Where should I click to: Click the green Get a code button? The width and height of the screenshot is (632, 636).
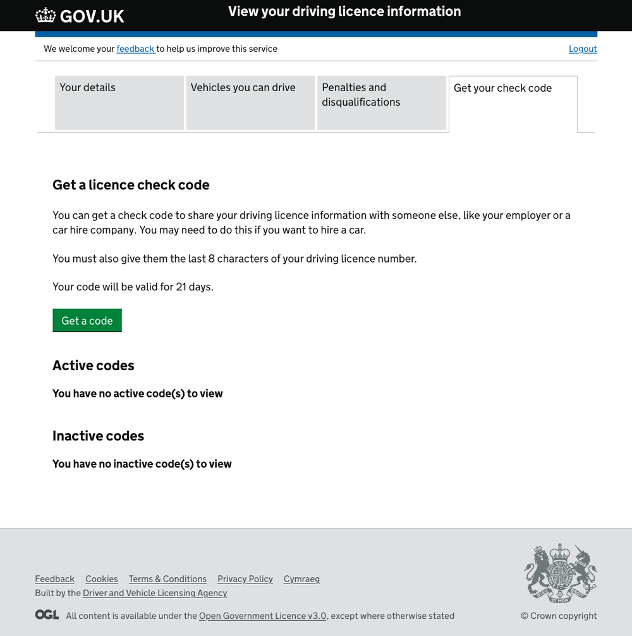point(87,320)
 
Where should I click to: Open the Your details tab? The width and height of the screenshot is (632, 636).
point(119,103)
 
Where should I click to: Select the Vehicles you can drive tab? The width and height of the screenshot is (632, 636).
point(250,103)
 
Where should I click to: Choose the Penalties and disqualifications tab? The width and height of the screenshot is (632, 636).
point(382,103)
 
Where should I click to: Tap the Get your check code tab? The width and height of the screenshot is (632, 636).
point(513,103)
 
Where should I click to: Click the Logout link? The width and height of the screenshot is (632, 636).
point(583,49)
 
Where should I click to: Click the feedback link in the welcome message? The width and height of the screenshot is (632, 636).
point(135,49)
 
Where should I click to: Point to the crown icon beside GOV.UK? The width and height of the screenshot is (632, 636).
point(46,15)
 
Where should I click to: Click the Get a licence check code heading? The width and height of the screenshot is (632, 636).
point(131,185)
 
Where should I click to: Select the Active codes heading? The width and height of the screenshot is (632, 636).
point(94,365)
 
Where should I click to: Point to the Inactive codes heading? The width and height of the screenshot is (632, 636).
point(98,435)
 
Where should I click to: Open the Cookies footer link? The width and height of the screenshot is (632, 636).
point(102,579)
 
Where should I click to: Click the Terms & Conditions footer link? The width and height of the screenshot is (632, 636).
point(167,579)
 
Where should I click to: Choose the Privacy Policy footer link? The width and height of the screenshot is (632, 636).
point(245,579)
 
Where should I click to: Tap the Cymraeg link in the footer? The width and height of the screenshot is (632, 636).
point(301,579)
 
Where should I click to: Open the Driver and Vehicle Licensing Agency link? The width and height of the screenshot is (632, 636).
point(155,593)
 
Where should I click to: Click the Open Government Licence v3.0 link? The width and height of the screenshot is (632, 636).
point(263,616)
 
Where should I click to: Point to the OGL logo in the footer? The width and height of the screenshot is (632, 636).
point(47,614)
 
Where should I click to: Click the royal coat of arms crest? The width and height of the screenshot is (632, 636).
point(561,572)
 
